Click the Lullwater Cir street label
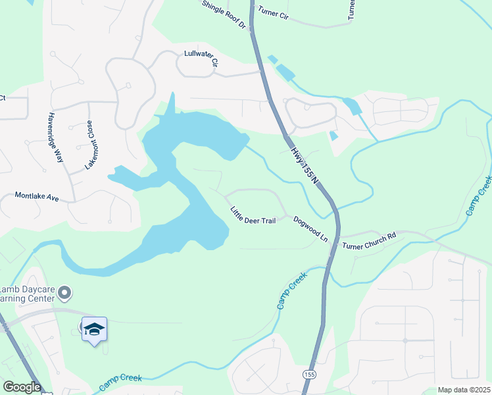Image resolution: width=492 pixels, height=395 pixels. click(201, 59)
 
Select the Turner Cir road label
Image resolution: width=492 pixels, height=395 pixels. click(274, 12)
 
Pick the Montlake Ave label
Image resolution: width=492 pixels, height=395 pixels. click(37, 197)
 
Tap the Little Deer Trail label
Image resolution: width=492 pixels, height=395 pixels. click(253, 216)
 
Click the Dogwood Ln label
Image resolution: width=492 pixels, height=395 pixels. click(310, 228)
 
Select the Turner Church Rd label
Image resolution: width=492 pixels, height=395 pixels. click(369, 241)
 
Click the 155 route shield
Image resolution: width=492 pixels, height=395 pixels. click(308, 374)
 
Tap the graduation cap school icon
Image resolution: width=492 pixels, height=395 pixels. click(94, 329)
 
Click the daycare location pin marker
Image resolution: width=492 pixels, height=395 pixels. click(64, 292)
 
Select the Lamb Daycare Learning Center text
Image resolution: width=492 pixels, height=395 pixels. click(26, 297)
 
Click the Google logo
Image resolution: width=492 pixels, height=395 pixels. click(21, 386)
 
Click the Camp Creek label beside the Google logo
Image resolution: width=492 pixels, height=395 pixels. click(121, 381)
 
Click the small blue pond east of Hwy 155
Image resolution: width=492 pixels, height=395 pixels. click(333, 136)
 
